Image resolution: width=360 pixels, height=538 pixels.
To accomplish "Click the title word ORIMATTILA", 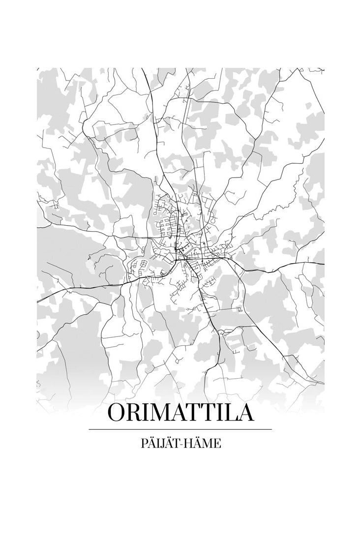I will pos(180,412).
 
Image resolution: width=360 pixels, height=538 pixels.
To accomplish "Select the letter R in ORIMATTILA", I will pos(135,412).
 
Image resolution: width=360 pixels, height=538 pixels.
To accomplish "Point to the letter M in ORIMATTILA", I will pos(159,412).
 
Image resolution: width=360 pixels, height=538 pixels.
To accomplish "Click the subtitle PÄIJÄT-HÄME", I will pos(180,444).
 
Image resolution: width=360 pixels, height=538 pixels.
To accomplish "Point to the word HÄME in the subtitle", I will pos(204,444).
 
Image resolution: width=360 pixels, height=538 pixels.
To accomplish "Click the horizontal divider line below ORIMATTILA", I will pos(180,429).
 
